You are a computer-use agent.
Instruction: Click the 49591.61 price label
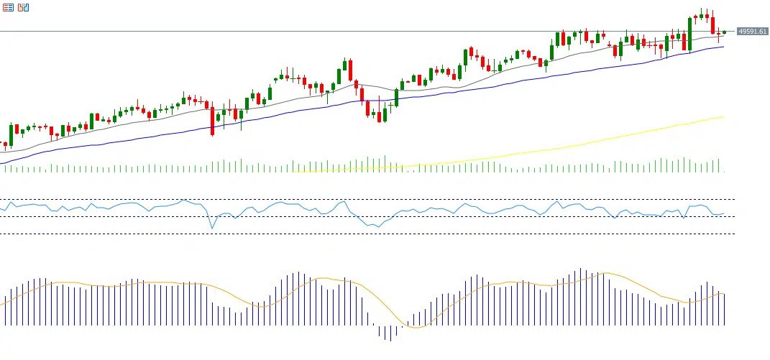753,32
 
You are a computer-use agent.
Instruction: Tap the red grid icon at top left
8,7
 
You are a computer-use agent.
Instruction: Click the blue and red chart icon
24,7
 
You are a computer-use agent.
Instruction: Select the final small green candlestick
725,32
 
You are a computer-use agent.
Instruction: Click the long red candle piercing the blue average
212,120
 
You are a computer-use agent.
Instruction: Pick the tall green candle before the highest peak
689,34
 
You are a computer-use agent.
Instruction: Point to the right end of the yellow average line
723,116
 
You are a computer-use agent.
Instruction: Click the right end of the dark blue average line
723,47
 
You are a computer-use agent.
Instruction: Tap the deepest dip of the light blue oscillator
212,228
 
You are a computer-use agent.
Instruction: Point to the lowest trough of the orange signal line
414,328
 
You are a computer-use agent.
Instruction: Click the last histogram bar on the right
724,309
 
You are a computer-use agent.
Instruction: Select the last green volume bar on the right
718,166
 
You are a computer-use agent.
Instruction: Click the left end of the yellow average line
293,172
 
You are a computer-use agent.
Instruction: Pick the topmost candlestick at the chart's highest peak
701,14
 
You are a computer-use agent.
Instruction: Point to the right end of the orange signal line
723,293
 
